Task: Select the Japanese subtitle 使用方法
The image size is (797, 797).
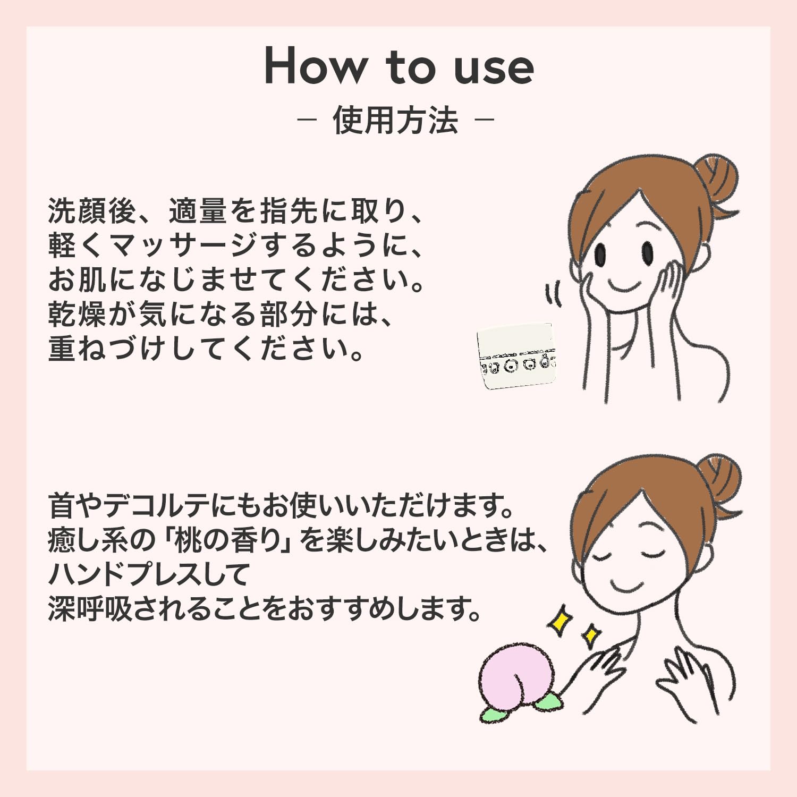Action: pyautogui.click(x=395, y=120)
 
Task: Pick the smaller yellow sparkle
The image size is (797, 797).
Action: pyautogui.click(x=590, y=635)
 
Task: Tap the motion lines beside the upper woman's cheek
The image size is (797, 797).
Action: pyautogui.click(x=553, y=294)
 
